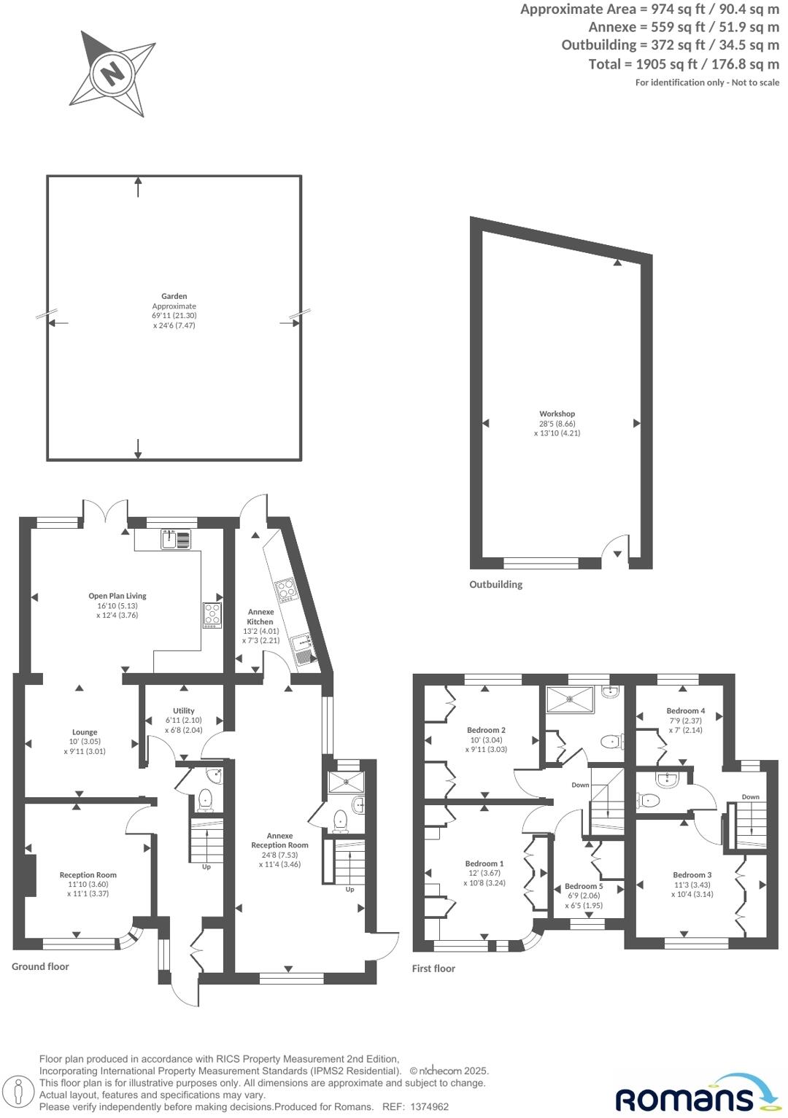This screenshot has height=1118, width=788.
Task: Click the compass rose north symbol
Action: coord(112,73)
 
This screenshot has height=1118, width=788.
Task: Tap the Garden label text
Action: coord(174,297)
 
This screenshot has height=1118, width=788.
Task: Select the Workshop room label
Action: coord(557,414)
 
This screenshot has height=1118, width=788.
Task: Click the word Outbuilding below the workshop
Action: coord(495,584)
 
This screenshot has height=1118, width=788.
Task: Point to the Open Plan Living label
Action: coord(117,596)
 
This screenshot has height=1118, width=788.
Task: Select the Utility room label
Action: coord(184,710)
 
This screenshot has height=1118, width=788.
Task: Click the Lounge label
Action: coord(85,732)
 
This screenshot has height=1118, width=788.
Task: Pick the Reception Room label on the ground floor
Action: coord(88,874)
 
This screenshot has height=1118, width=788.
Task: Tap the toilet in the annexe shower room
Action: coord(340,821)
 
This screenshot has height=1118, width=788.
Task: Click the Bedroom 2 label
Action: coord(486,730)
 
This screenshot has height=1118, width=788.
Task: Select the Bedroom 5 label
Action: coord(584,886)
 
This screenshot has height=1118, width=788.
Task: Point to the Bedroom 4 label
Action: coord(685,710)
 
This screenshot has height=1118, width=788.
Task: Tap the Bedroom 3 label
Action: coord(692,874)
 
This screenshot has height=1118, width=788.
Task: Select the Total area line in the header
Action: coord(683,64)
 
